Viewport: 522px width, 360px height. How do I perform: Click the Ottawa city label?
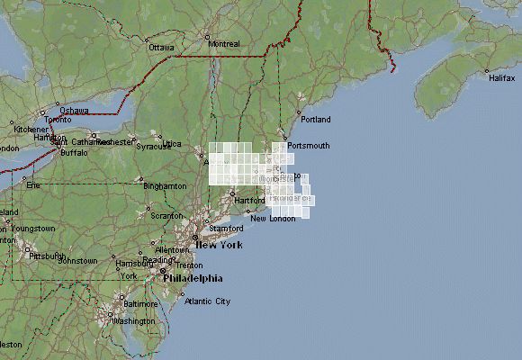pos(161,47)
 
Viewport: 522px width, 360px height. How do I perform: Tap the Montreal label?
pos(223,43)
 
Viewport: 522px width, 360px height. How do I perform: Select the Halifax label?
pos(501,78)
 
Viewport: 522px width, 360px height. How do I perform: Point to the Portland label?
pos(316,119)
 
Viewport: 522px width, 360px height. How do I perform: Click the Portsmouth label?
pos(309,145)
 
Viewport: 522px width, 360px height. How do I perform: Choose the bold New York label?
pos(219,245)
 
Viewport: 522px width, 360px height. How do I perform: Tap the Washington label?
pos(134,320)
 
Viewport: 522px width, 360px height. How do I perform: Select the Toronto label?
pos(57,119)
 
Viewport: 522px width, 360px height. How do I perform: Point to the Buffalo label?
pos(74,152)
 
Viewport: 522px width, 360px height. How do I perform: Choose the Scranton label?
pos(166,216)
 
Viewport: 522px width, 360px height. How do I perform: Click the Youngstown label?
pos(33,229)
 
